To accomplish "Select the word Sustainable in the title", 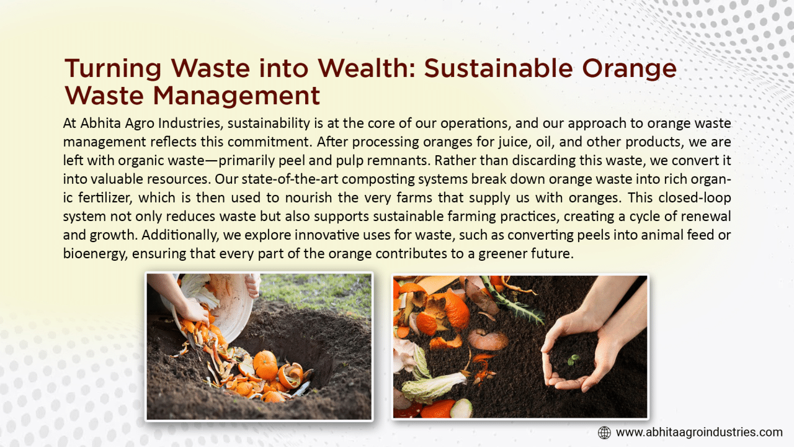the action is (x=498, y=68).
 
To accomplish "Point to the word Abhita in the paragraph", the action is (x=100, y=123).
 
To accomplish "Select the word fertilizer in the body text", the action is (x=105, y=197).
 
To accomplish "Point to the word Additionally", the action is (x=180, y=235).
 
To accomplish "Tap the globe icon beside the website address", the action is (x=604, y=433).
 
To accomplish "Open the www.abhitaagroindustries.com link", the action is (x=699, y=433).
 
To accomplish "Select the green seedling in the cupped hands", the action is (x=573, y=359).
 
